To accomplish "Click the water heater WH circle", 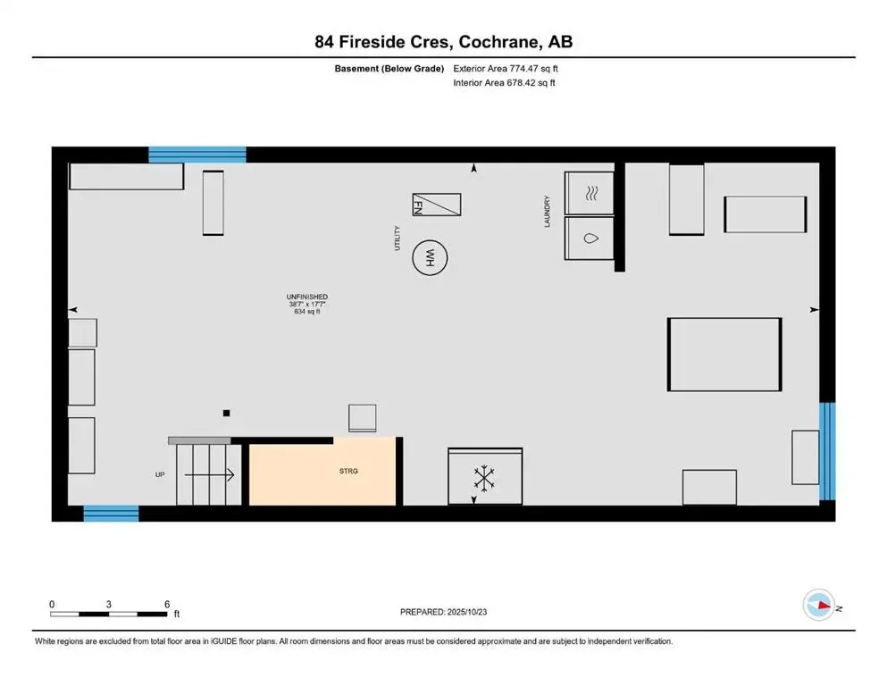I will pos(429,260).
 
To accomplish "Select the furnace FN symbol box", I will pos(436,205).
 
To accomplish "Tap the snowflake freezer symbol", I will pos(484,478).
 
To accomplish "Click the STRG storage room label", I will pos(348,471).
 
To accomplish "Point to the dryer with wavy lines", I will pos(590,193).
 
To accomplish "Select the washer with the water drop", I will pos(590,238).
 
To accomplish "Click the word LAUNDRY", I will pos(548,213).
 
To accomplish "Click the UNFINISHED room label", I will pos(306,297).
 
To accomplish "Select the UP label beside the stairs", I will pos(160,474).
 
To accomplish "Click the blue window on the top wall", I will pos(197,155).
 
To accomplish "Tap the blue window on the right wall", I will pos(827,451).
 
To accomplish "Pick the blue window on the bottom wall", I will pos(111,513).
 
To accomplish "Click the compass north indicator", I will pos(819,607).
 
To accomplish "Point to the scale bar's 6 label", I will pos(167,604).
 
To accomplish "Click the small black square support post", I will pos(227,413).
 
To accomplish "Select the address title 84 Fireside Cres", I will pos(443,42).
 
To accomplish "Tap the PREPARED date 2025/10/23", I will pos(444,612).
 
